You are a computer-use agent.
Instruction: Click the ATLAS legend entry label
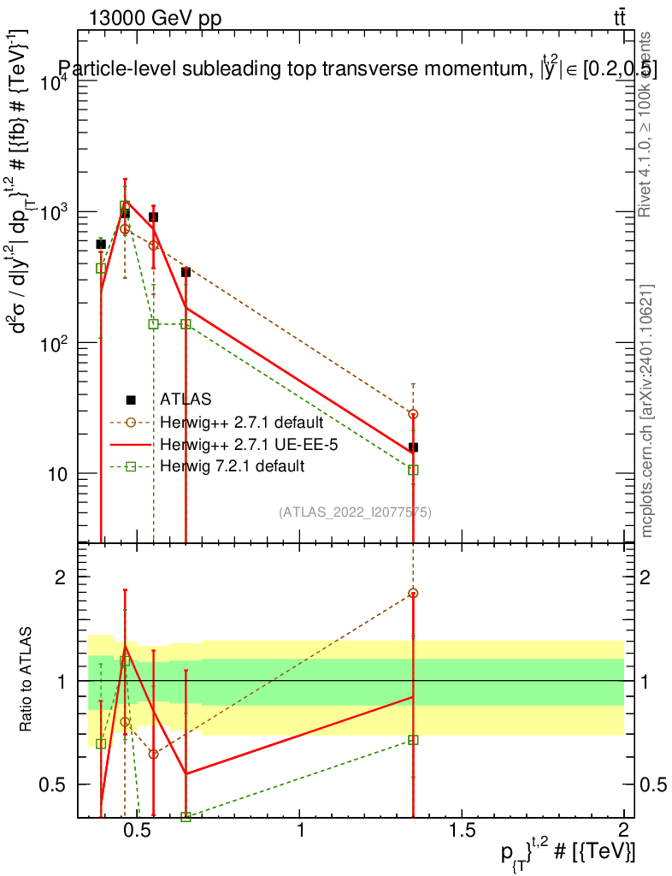[186, 399]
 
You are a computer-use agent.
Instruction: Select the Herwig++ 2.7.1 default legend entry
[241, 422]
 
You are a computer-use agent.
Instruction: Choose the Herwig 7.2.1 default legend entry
[232, 466]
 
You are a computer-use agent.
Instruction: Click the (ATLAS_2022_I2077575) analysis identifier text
[355, 512]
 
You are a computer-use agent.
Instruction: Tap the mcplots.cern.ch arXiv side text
[647, 411]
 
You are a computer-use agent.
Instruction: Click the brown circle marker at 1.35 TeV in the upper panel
[413, 414]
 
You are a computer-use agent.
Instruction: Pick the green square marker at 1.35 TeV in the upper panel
[413, 470]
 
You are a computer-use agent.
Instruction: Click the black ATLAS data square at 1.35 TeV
[413, 447]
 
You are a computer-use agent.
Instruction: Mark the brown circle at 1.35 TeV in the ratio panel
[413, 593]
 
